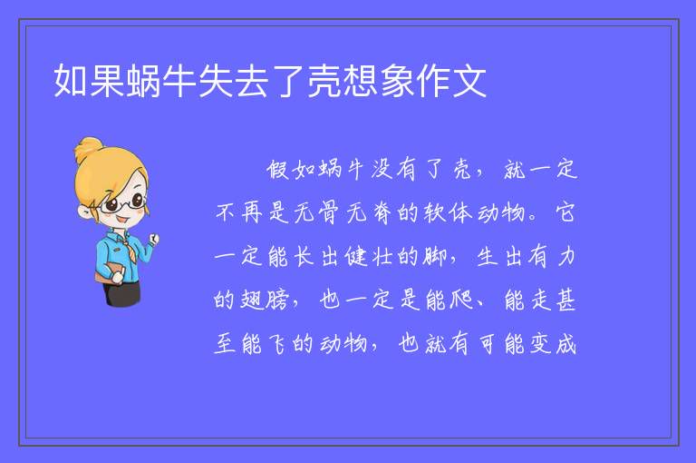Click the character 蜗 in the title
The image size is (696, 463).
(143, 81)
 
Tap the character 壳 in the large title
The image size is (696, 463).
(324, 81)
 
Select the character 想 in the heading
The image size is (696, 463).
(361, 81)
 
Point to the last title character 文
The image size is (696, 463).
(469, 81)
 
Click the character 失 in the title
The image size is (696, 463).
(216, 81)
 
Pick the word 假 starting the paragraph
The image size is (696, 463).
(278, 170)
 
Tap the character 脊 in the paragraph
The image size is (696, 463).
(382, 212)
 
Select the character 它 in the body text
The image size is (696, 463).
(565, 212)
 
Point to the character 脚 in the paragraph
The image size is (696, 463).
(435, 256)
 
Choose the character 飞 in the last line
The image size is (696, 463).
(278, 344)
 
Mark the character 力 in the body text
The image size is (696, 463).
(566, 257)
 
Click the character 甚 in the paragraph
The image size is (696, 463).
(565, 300)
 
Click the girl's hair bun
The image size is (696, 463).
(89, 149)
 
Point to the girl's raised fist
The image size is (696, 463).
(153, 240)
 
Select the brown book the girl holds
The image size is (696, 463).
(108, 271)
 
